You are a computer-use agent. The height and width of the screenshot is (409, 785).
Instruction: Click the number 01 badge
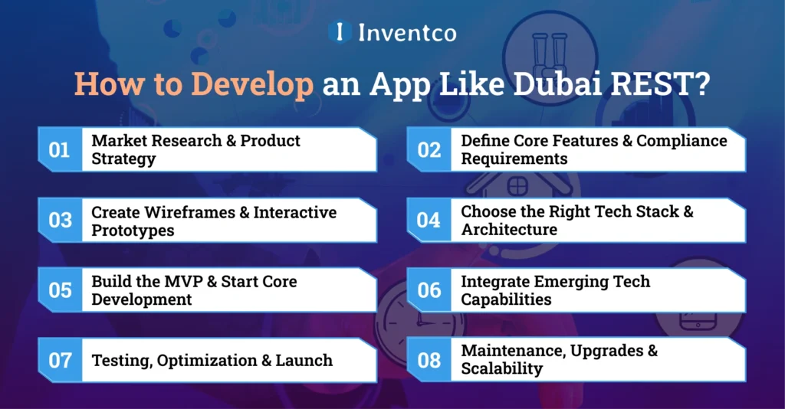[59, 149]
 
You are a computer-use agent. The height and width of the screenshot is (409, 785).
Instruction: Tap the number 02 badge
[429, 149]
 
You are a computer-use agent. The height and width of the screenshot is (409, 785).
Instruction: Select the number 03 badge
[59, 220]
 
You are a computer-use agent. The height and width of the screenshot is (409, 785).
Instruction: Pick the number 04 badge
[429, 220]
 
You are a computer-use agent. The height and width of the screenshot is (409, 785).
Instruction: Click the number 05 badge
[59, 290]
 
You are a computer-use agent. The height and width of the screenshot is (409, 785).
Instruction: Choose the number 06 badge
[429, 290]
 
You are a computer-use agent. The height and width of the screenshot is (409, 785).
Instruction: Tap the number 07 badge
[59, 360]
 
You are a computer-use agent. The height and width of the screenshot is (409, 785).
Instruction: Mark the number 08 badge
[429, 360]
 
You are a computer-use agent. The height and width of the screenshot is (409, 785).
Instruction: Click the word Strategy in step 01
[123, 159]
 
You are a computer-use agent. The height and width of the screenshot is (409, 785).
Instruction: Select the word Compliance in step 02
[682, 141]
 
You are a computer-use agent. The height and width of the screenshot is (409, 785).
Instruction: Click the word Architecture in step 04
[509, 229]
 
